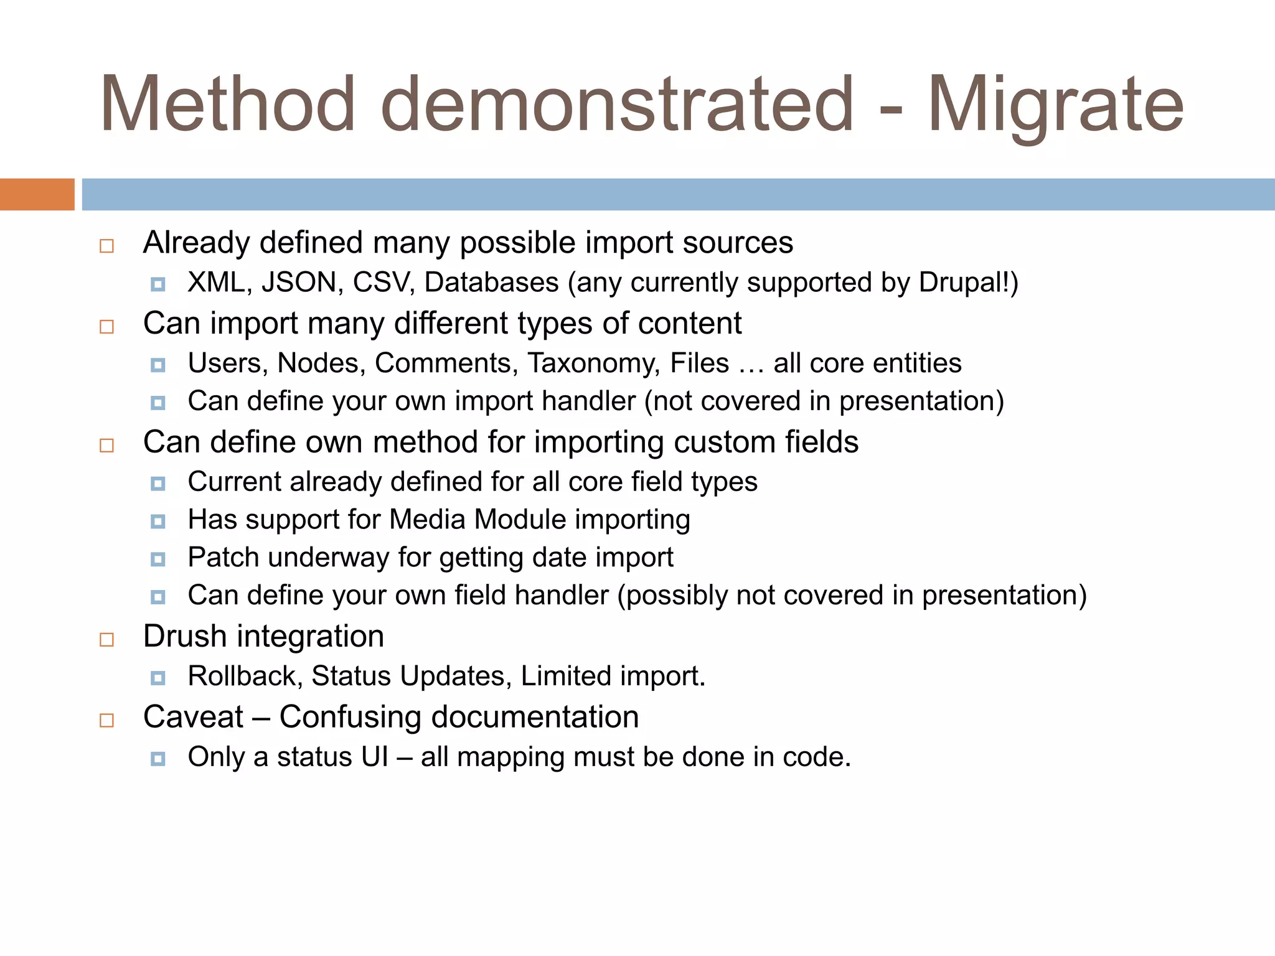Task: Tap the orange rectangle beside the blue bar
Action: [37, 194]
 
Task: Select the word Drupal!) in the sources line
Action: [968, 283]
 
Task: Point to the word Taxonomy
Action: [593, 363]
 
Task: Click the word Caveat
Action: [193, 717]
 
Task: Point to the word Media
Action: [427, 520]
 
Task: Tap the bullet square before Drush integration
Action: [107, 640]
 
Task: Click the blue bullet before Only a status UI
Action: [158, 759]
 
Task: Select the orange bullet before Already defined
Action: [107, 246]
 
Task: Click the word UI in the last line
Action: [374, 757]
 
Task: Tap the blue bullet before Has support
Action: [158, 521]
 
